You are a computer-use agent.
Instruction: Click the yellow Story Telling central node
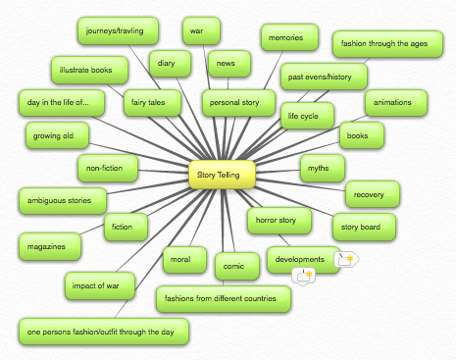point(222,175)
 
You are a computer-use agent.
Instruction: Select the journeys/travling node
point(115,29)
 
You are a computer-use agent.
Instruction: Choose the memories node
point(289,38)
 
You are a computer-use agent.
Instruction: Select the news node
point(227,64)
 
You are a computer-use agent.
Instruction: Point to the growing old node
point(55,133)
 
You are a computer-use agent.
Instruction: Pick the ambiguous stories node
point(62,201)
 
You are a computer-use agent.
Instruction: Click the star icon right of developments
point(346,259)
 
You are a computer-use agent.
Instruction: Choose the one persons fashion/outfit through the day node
point(102,332)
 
